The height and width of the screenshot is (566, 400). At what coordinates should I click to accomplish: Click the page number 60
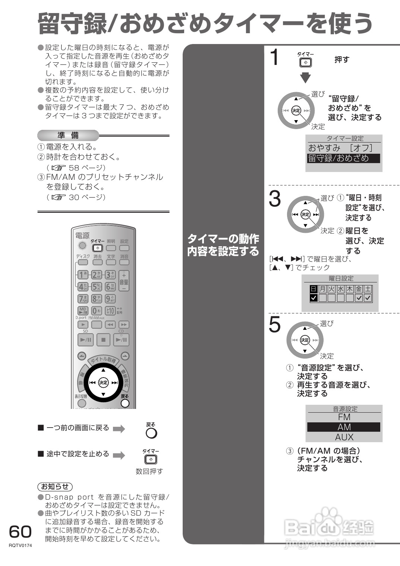[20, 531]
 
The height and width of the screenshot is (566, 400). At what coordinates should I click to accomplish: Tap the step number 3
[275, 199]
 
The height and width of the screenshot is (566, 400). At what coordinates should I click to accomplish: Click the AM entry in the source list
[344, 427]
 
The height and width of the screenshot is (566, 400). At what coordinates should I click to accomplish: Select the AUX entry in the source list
[344, 437]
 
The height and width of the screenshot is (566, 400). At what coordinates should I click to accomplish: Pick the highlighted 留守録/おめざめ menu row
[343, 158]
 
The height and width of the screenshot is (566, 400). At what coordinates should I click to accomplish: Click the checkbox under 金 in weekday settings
[359, 298]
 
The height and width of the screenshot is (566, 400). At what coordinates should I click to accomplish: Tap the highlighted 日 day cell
[314, 289]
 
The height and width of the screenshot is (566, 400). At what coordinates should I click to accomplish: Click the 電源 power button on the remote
[82, 246]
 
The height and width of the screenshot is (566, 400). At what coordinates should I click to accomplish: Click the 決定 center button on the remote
[103, 382]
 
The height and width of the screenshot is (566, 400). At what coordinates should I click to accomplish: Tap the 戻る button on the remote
[125, 403]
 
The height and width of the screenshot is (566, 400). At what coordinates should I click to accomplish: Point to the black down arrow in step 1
[305, 78]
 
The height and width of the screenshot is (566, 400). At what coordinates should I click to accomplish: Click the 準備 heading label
[68, 135]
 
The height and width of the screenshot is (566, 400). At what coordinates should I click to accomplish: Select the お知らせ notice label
[55, 487]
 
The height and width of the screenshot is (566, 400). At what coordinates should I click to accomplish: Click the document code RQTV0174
[21, 545]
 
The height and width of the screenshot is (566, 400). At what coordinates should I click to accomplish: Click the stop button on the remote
[103, 340]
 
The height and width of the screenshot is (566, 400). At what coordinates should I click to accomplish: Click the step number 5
[275, 325]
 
